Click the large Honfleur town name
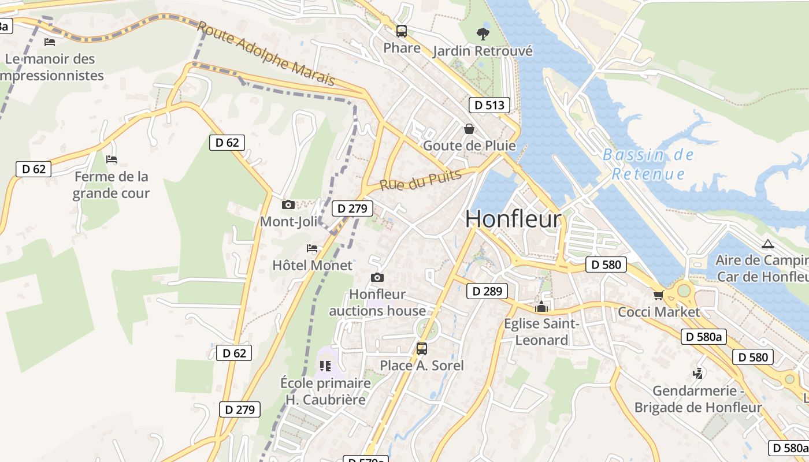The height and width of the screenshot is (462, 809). (513, 219)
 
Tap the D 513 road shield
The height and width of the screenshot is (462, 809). (489, 105)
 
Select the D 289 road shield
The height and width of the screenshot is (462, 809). (487, 291)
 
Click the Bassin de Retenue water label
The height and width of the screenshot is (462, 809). (648, 165)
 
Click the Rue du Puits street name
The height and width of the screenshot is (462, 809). (420, 180)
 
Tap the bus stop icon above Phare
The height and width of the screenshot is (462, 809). (401, 31)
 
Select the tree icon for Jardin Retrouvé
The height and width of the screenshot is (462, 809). (483, 34)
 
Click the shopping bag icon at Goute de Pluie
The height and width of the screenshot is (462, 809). (469, 128)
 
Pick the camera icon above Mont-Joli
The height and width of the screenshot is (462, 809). (288, 204)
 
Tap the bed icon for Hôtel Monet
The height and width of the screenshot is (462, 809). (312, 248)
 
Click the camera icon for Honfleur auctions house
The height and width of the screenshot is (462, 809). (377, 278)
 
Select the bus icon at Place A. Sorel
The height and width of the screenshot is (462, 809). (422, 348)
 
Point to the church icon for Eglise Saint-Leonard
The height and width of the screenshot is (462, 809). (541, 307)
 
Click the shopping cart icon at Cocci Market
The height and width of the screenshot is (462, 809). (658, 296)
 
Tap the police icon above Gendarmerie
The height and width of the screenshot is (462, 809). (698, 374)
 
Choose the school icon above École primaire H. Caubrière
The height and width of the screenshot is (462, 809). (325, 366)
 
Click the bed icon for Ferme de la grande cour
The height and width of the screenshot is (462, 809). (112, 159)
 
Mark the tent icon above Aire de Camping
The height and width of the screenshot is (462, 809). (767, 244)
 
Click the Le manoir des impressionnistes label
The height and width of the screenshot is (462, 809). (52, 67)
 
